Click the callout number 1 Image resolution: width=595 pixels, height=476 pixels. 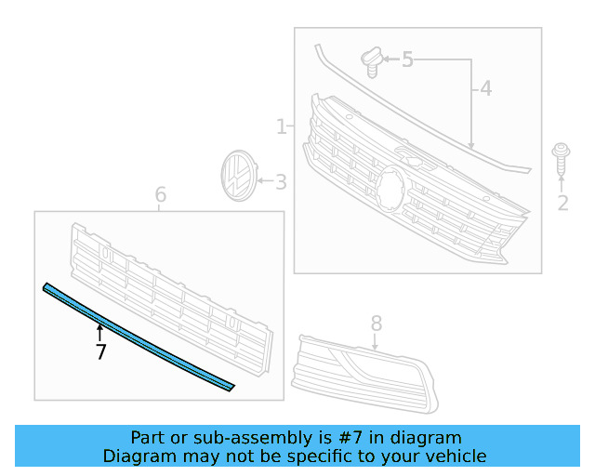[281, 126]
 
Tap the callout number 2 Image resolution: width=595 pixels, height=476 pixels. [562, 203]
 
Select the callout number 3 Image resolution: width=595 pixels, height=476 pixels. [280, 182]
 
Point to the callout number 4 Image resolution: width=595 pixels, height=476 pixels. [485, 89]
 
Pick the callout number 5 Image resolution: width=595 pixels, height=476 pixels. [407, 60]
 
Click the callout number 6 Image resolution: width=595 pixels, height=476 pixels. [160, 194]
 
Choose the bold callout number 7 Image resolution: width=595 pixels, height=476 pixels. [100, 351]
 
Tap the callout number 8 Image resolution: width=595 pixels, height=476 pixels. [377, 323]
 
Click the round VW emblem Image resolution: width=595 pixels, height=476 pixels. [237, 176]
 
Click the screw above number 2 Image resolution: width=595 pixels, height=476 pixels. [561, 159]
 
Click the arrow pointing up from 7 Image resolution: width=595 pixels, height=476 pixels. [100, 330]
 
